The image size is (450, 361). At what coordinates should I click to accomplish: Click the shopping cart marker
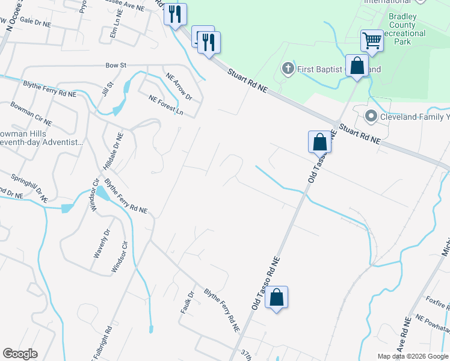point(372,42)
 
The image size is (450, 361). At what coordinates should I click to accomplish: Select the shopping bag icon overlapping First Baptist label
point(357,66)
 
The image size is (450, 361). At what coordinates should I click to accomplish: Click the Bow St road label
point(115,64)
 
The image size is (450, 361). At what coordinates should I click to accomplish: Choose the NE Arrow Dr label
point(179,87)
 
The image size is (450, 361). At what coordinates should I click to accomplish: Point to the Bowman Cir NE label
point(31,114)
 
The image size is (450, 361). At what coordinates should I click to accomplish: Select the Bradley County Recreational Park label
point(402,29)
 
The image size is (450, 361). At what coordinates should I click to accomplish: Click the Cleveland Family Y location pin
point(371,116)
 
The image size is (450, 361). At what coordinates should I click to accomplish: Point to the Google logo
point(20,354)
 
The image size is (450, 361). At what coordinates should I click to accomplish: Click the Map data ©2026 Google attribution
point(413,356)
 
